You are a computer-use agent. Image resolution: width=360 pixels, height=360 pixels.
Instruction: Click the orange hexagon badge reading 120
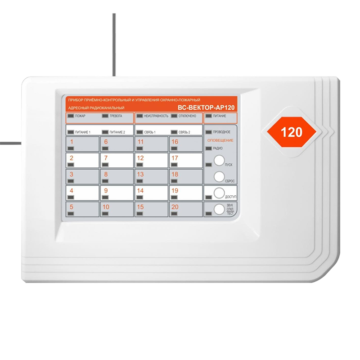click(x=291, y=132)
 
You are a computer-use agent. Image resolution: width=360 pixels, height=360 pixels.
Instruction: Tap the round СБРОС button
click(x=219, y=176)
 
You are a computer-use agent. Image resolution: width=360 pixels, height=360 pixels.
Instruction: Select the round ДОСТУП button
click(x=219, y=193)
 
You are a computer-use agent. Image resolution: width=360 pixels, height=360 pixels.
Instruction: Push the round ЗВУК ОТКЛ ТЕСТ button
click(x=219, y=209)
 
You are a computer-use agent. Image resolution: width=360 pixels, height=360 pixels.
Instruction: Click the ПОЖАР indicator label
click(x=80, y=116)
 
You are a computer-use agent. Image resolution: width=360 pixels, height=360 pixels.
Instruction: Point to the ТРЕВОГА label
click(x=116, y=116)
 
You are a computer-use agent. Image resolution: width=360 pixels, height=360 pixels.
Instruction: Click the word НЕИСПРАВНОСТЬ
click(x=156, y=116)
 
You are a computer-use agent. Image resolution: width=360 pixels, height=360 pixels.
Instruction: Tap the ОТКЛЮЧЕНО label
click(x=187, y=116)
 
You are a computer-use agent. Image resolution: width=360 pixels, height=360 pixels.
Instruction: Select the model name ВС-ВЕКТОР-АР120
click(x=206, y=108)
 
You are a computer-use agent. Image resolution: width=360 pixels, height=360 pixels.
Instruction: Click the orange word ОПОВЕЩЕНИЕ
click(x=220, y=140)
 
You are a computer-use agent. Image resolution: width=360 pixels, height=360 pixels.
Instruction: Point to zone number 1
click(x=72, y=142)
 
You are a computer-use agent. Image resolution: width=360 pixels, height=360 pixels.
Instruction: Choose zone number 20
click(x=175, y=207)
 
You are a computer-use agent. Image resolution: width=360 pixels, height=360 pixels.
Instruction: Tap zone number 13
click(x=140, y=174)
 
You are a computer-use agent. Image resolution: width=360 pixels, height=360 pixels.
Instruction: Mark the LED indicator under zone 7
click(x=105, y=165)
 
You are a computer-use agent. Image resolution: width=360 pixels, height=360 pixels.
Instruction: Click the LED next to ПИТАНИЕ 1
click(x=71, y=132)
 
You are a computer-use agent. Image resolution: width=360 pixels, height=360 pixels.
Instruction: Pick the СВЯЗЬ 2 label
click(x=184, y=132)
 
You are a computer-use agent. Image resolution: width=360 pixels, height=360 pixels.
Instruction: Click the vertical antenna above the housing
click(x=114, y=45)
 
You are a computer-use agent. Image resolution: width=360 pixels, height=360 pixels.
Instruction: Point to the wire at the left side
click(x=10, y=144)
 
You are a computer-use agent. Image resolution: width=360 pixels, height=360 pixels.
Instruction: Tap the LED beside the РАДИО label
click(x=208, y=148)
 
